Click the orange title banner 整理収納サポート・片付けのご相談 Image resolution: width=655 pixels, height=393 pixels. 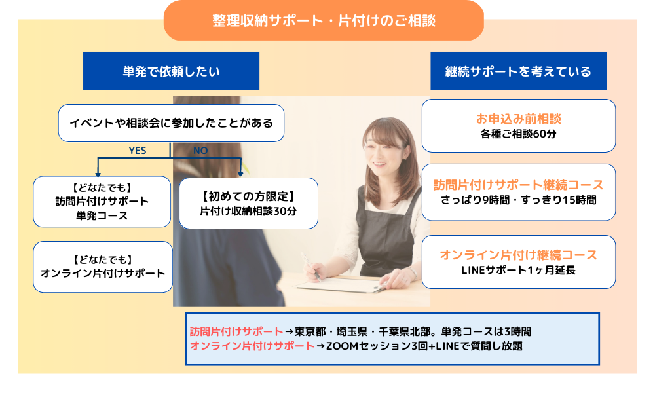pos(324,20)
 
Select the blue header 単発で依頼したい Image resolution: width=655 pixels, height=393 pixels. pos(171,71)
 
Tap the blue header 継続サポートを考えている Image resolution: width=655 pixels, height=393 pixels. pos(518,71)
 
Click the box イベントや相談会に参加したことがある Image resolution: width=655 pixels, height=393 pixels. pos(171,123)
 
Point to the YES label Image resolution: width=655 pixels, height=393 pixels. pos(138,151)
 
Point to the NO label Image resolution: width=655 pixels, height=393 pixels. pos(200,151)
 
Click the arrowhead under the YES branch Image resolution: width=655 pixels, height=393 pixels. pos(98,174)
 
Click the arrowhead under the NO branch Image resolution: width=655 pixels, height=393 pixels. pos(240,174)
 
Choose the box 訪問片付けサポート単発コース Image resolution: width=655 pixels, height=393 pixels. pos(102,202)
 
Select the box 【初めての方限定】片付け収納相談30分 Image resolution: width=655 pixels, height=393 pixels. pos(248,204)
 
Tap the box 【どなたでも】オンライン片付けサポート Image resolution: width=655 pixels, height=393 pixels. pos(103,267)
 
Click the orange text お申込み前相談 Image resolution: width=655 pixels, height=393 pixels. pos(518,119)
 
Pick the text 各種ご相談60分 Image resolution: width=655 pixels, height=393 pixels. pos(518,134)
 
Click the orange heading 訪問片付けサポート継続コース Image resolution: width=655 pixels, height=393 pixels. pos(518,185)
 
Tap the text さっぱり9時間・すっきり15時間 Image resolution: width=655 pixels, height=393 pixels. pos(518,200)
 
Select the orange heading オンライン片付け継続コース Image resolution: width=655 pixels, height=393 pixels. pos(518,255)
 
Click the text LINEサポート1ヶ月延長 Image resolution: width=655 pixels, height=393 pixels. pos(518,271)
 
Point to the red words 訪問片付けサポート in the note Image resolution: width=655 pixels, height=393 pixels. pos(236,331)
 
